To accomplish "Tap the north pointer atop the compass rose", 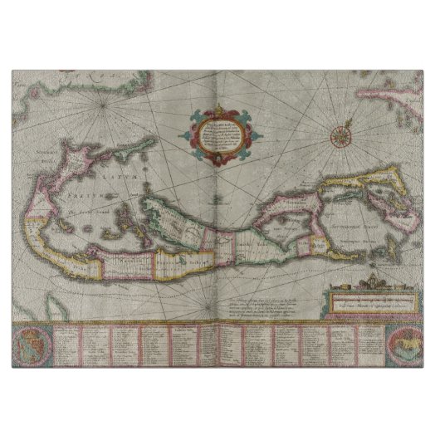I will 340,116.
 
